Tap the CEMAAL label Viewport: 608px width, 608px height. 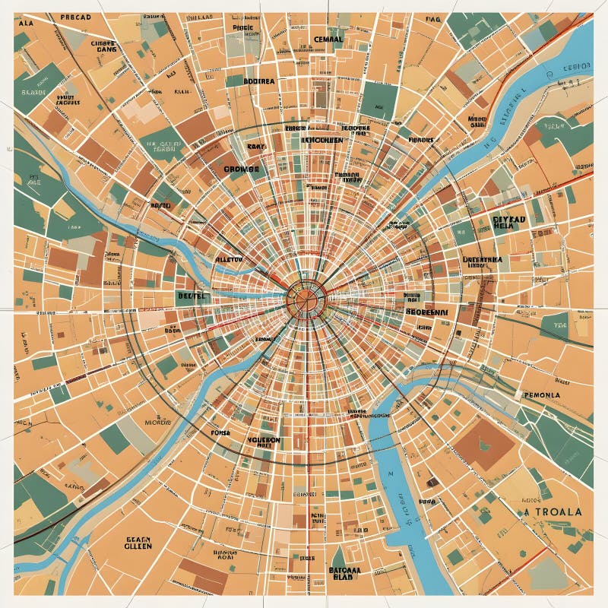tap(328, 39)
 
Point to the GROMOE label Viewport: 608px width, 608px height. tap(242, 168)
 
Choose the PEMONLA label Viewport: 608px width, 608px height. tap(541, 395)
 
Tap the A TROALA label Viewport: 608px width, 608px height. tap(553, 511)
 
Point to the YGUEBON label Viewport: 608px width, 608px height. tap(264, 440)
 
